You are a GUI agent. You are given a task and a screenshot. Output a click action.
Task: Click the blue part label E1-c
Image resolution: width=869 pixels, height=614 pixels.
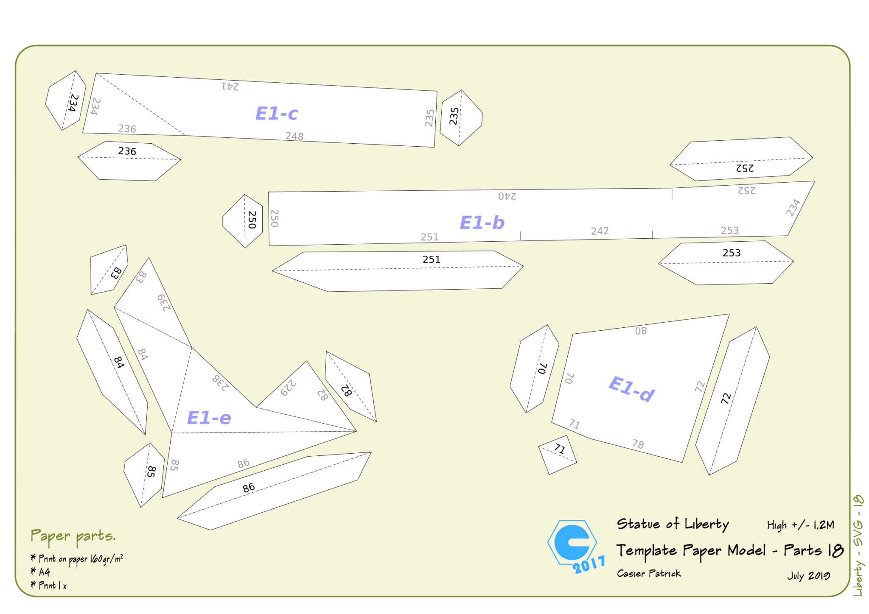[277, 114]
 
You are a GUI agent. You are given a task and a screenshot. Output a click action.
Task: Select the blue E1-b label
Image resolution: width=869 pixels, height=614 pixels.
[482, 223]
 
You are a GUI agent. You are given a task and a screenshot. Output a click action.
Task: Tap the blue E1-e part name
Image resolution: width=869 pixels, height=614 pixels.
[209, 418]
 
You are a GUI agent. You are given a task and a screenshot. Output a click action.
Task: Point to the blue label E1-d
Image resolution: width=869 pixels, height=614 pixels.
[631, 388]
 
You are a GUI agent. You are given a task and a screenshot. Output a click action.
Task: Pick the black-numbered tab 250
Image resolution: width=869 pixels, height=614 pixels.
[243, 221]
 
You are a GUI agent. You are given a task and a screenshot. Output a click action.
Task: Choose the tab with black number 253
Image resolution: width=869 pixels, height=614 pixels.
[726, 262]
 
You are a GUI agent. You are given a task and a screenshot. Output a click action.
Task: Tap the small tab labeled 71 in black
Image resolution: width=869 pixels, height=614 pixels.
[558, 455]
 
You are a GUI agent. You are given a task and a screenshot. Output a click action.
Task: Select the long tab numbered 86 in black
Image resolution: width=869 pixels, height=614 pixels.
[274, 491]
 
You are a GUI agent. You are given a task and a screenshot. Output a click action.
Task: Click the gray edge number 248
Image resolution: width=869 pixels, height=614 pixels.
[294, 136]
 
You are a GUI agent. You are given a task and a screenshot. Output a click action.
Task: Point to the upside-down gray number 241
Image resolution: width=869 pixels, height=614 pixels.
[230, 87]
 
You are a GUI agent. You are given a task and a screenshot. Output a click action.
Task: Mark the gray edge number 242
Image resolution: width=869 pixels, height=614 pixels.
[600, 231]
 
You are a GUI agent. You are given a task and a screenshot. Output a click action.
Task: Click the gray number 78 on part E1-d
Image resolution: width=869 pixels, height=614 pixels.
[638, 444]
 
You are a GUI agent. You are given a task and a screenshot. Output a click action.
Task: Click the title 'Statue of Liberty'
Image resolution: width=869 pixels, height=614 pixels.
[673, 524]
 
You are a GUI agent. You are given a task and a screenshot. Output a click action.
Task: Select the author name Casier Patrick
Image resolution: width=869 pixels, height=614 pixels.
[649, 573]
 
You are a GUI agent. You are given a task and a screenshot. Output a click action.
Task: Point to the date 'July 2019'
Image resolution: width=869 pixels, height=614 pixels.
[809, 576]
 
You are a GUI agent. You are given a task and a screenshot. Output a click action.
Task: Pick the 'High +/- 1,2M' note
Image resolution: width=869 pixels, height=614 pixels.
[801, 525]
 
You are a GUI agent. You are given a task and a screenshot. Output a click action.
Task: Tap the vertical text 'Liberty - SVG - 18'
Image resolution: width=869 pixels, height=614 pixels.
[858, 545]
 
